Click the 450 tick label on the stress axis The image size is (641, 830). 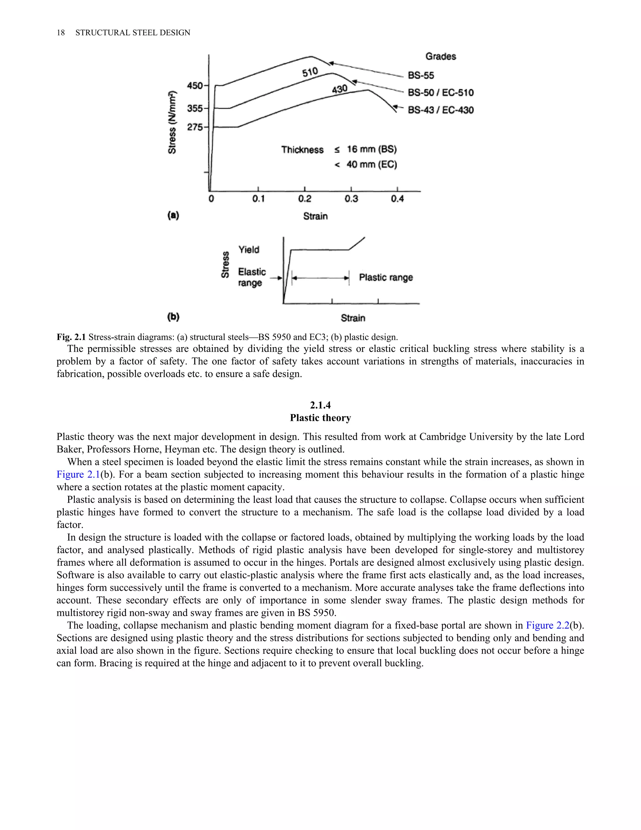click(195, 86)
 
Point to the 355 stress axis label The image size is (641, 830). click(195, 108)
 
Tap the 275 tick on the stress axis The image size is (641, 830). click(195, 127)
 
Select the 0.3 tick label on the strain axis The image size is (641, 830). click(351, 199)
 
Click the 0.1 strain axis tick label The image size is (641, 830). click(258, 199)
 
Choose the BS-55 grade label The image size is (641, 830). click(421, 75)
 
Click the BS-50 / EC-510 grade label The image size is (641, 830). click(440, 93)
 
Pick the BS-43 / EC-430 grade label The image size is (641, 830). click(440, 110)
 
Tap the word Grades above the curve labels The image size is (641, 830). click(440, 56)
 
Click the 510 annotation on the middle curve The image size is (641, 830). click(310, 72)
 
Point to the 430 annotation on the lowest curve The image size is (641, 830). click(340, 89)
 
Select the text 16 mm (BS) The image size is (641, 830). click(372, 149)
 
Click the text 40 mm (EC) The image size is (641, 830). click(372, 164)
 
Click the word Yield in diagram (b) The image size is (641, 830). click(249, 250)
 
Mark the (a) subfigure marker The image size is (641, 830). click(173, 215)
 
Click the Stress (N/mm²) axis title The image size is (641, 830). click(172, 122)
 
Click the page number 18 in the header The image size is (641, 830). click(61, 33)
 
